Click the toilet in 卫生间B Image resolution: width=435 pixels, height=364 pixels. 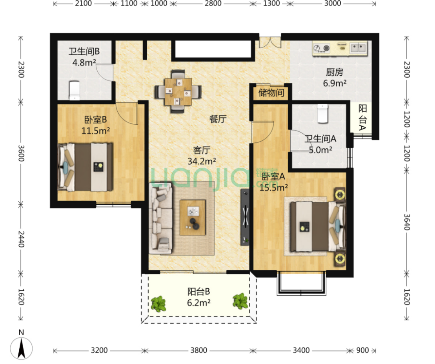pos(74,90)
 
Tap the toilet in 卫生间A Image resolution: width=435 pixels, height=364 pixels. pos(322,113)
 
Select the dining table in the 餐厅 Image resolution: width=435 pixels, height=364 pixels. pos(178,91)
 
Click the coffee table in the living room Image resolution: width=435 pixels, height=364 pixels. pos(193,218)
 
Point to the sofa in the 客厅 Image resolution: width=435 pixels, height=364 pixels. pos(161,218)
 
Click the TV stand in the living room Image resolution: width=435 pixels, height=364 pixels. pos(245,217)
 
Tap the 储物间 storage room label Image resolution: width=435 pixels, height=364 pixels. pos(271,93)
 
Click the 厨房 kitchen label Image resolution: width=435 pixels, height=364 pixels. pos(335,73)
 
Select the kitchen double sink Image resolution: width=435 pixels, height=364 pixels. pos(358,48)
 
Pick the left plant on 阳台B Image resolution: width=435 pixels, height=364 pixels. pos(158,304)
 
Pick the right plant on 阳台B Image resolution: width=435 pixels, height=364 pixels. pos(240,301)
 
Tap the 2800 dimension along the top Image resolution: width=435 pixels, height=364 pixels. pos(213,4)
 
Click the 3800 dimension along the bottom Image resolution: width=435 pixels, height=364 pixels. pos(198,350)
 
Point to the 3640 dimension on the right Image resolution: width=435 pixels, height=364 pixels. pos(407,222)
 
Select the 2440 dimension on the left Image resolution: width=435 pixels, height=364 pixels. pos(21,239)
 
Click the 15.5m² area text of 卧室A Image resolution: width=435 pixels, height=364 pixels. pos(273,188)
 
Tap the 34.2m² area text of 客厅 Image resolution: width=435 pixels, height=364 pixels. pos(202,161)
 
